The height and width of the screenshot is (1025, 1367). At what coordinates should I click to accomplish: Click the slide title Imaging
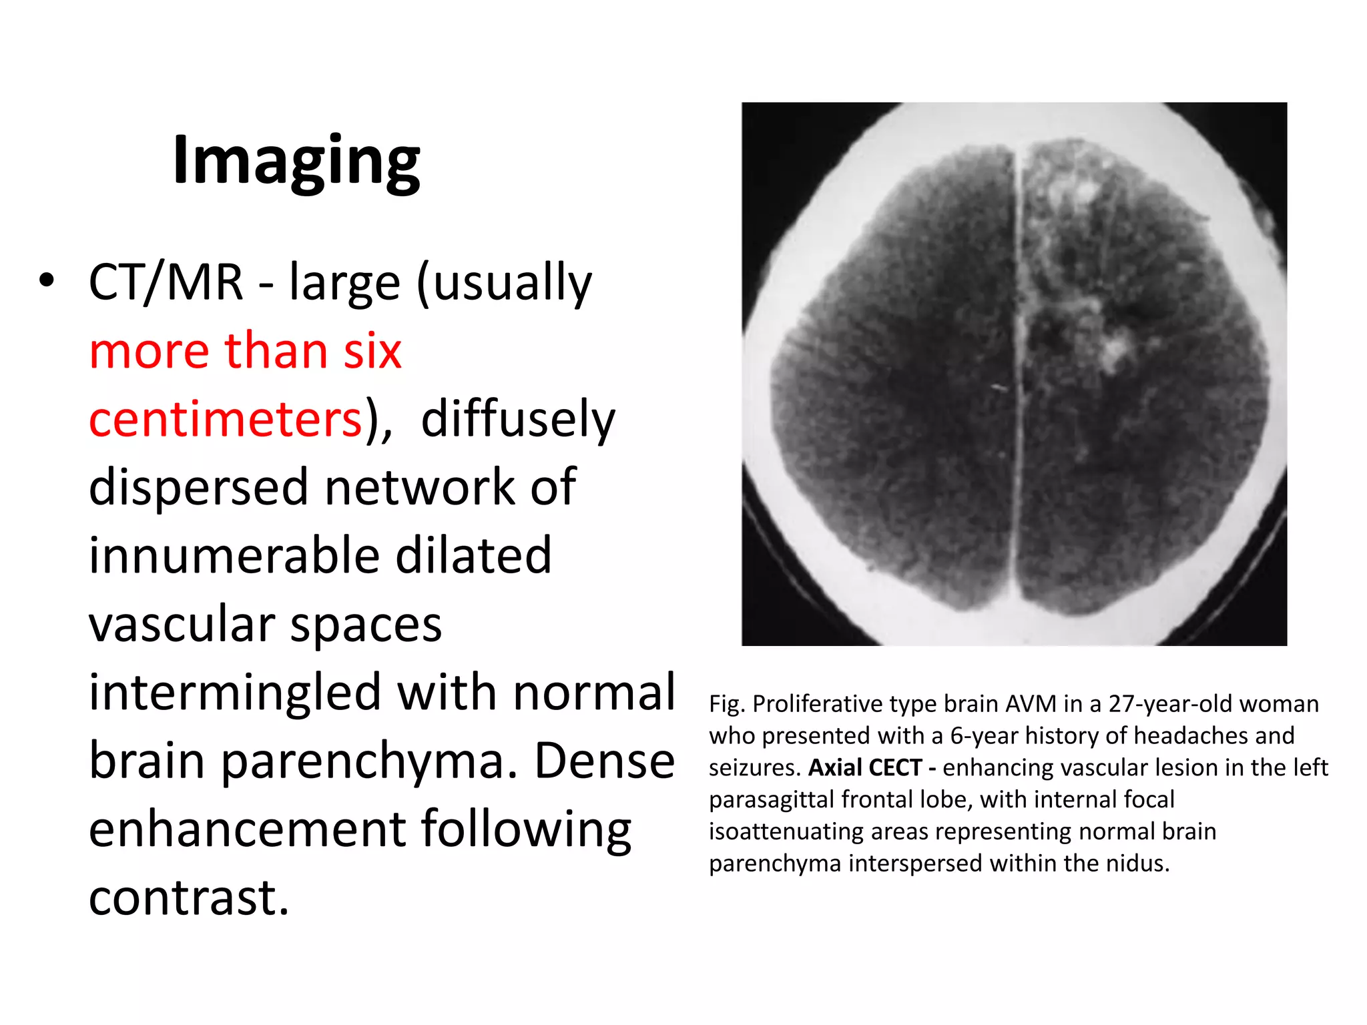coord(296,161)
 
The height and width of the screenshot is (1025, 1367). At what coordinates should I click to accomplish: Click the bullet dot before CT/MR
coord(46,281)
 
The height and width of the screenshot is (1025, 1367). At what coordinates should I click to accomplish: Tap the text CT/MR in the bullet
coord(166,283)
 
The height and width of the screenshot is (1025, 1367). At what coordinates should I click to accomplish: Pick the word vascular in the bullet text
coord(181,625)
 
